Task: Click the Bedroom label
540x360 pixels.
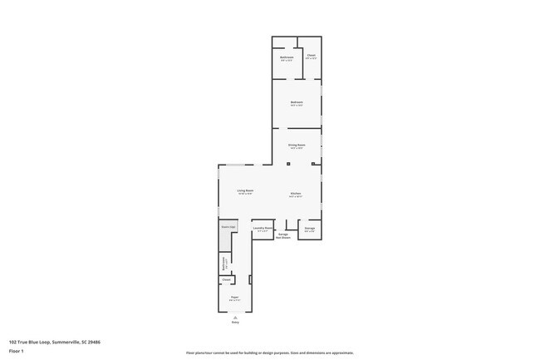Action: (x=297, y=102)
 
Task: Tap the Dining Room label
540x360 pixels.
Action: (x=297, y=145)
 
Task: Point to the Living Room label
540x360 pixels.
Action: (x=244, y=190)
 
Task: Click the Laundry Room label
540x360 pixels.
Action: (x=263, y=229)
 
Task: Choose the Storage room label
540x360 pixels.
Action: (x=309, y=229)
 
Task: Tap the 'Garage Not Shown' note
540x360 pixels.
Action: (x=283, y=236)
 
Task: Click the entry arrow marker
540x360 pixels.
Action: (x=235, y=318)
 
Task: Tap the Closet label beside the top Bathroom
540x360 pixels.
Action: (x=311, y=57)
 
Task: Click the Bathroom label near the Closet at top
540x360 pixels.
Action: (x=287, y=57)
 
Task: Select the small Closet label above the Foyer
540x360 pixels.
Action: (x=226, y=280)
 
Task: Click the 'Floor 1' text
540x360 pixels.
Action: (x=17, y=350)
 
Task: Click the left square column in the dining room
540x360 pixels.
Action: (x=287, y=165)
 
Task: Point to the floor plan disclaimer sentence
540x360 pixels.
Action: (x=269, y=353)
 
